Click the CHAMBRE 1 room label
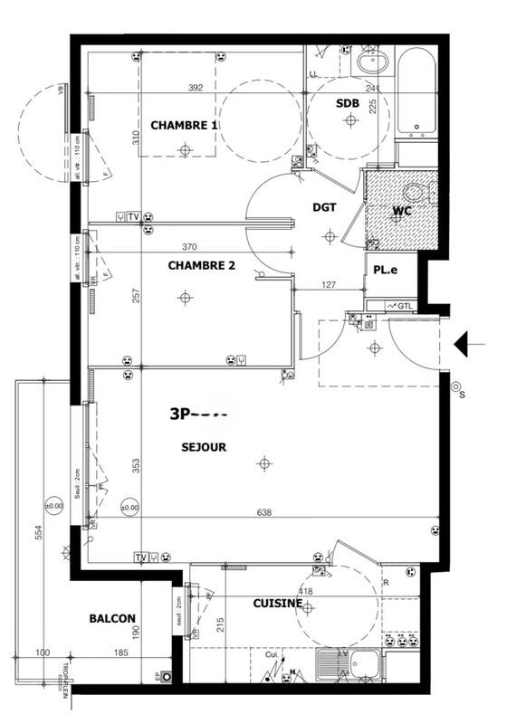point(184,125)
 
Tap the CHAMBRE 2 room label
point(201,265)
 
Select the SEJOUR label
point(203,446)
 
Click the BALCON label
point(112,619)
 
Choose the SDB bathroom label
point(348,104)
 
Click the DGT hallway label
point(324,207)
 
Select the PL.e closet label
point(380,270)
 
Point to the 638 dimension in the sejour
point(264,513)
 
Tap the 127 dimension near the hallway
point(328,286)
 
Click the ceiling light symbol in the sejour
point(263,463)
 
